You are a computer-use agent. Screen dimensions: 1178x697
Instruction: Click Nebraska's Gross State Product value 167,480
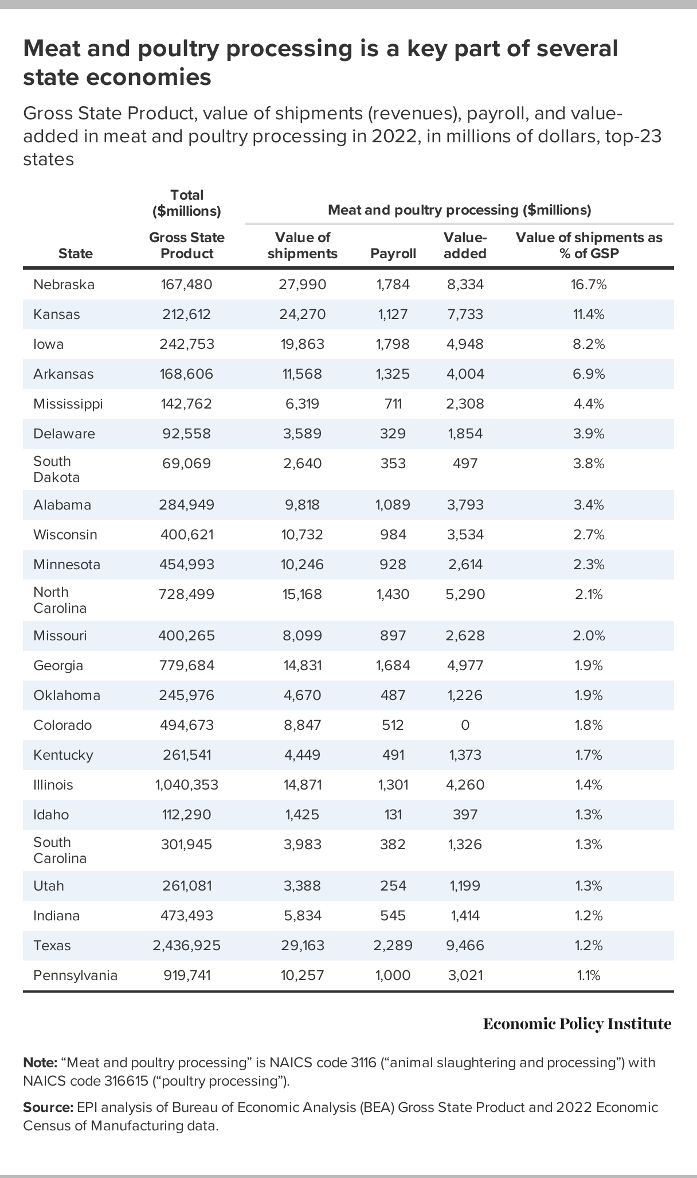186,285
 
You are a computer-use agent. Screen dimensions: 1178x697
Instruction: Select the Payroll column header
393,254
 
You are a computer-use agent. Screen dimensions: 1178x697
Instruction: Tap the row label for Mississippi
68,404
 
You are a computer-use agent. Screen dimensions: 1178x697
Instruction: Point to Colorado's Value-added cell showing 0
465,725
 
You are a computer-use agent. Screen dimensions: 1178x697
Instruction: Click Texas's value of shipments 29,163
303,946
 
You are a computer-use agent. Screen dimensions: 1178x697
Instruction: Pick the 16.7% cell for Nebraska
589,285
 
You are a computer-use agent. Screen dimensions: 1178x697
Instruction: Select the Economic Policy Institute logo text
577,1024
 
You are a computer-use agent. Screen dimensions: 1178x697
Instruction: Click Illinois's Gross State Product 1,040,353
186,785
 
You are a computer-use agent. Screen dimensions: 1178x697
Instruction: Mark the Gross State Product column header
186,246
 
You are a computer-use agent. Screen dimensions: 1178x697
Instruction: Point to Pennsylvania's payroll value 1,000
393,975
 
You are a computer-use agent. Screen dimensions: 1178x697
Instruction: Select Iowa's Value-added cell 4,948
465,344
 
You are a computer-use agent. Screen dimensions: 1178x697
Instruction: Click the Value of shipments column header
303,246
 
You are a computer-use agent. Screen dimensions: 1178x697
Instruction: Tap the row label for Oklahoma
66,695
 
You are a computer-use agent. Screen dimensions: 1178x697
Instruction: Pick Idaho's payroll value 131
393,815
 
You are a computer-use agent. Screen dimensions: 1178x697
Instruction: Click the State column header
76,254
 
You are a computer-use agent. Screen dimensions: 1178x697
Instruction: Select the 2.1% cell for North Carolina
589,594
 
